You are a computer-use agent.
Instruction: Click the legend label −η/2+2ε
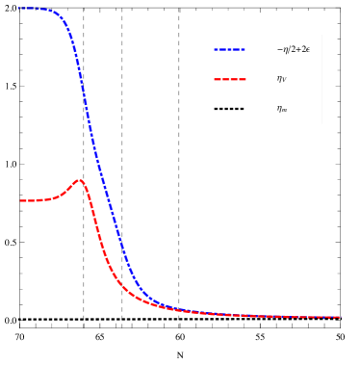click(293, 49)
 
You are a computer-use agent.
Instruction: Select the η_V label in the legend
click(281, 79)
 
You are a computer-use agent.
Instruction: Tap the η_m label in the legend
click(281, 109)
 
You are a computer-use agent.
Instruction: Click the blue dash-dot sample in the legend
click(229, 49)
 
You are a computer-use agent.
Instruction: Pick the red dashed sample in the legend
click(229, 79)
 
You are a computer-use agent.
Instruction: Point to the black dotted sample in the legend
click(229, 109)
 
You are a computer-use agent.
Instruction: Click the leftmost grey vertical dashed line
click(83, 241)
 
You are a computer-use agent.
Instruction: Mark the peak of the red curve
click(79, 180)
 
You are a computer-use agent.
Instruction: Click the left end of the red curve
click(20, 200)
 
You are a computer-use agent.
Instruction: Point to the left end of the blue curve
click(19, 8)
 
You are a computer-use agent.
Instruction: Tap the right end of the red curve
click(340, 317)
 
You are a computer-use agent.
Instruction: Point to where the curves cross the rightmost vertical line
click(178, 309)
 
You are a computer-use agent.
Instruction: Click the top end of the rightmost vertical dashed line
click(178, 9)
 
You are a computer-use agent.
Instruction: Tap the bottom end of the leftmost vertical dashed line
click(83, 327)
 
